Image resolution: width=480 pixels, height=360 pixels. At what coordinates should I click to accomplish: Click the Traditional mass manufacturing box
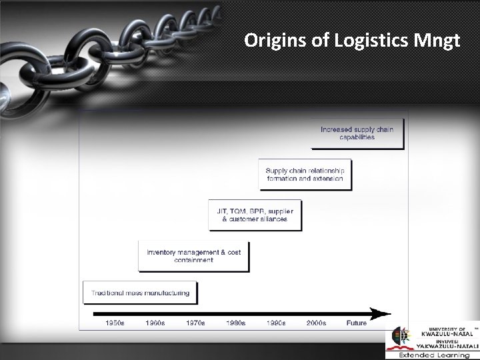(x=141, y=293)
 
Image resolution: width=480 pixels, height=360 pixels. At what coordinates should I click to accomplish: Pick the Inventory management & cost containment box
(x=193, y=256)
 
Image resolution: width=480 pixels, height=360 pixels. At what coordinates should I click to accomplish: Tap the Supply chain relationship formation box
(x=305, y=175)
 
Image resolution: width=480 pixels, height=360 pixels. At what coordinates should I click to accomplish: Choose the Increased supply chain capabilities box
(x=357, y=133)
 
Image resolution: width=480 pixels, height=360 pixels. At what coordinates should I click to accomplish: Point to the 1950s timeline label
(x=115, y=323)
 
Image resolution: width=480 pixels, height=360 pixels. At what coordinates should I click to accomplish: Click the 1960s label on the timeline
(x=155, y=323)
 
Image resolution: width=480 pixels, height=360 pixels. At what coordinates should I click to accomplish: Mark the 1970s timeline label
(x=195, y=323)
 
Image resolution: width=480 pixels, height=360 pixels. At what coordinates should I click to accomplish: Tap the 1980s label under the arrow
(x=235, y=323)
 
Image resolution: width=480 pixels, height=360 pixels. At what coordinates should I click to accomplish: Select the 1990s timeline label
(x=276, y=323)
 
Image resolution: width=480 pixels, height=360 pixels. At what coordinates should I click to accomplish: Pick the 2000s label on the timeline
(x=316, y=323)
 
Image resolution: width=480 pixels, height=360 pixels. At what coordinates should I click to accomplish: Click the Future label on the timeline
(x=356, y=323)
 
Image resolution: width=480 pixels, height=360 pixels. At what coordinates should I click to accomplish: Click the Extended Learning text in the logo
(x=434, y=355)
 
